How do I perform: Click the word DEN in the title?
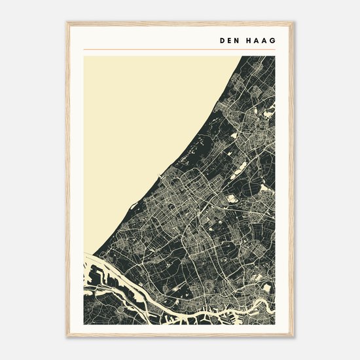coord(230,39)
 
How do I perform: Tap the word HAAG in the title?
coord(261,39)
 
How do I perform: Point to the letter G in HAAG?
coord(272,39)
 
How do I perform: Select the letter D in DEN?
coord(223,39)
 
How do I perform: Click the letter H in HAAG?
coord(249,39)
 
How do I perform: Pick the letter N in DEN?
coord(237,39)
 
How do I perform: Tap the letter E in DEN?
coord(230,39)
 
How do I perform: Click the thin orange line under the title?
coord(180,50)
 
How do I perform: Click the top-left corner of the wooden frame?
coord(67,23)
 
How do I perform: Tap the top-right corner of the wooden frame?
coord(293,23)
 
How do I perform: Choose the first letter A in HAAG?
coord(257,39)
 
